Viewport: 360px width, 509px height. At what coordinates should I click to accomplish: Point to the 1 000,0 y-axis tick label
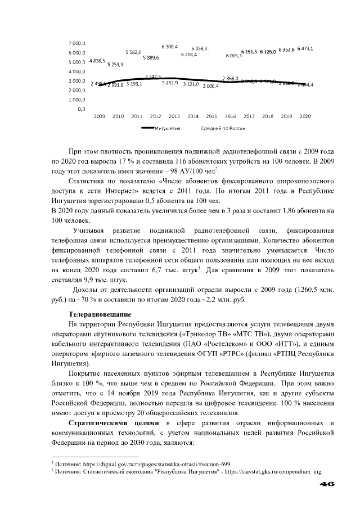pos(77,99)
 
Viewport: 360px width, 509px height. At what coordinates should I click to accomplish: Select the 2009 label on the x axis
pos(100,116)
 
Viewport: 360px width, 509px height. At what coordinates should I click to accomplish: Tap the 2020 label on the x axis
pos(305,116)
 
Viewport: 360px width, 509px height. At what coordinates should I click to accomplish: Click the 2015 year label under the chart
pos(212,116)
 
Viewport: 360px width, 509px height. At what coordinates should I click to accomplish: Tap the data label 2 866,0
pos(230,78)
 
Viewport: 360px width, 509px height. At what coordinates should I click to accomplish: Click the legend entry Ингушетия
pos(167,128)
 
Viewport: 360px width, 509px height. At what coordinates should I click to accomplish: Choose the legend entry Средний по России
pos(223,128)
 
